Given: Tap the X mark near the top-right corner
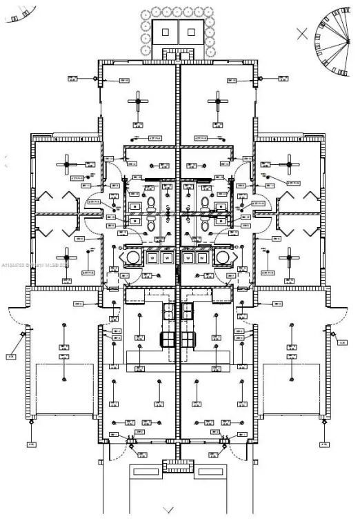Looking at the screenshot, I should tap(301, 32).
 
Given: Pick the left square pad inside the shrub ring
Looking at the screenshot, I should tap(166, 32).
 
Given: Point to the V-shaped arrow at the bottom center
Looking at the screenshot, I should tap(168, 510).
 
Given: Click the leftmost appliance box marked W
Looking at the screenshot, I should tap(152, 257).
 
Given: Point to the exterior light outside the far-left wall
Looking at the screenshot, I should tap(23, 335).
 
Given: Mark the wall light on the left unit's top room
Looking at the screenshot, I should tap(92, 79).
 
